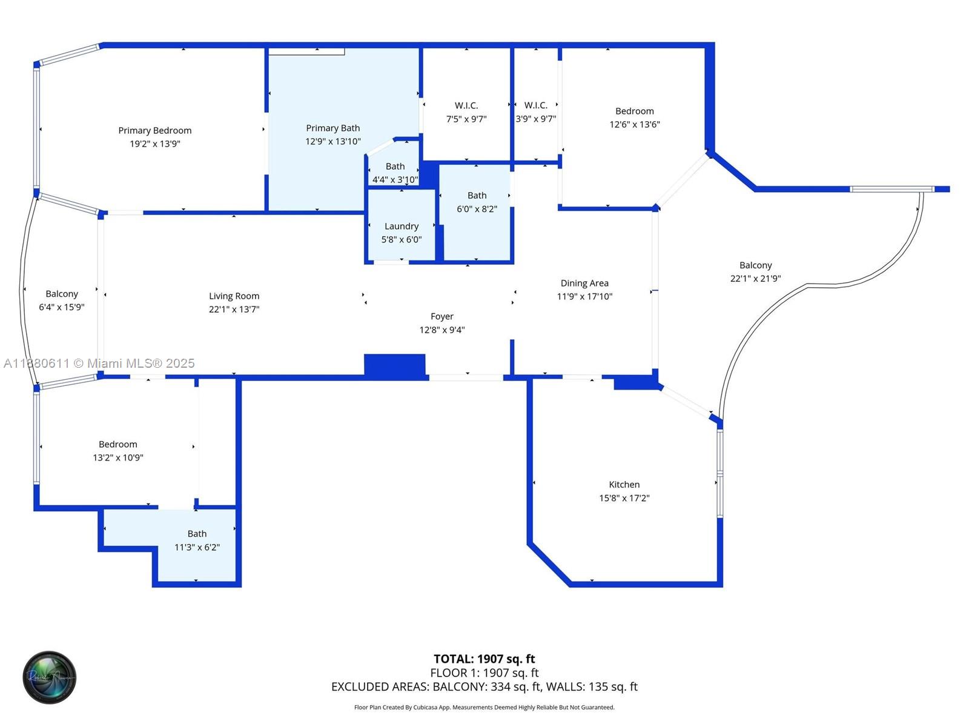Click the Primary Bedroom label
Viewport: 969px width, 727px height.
154,130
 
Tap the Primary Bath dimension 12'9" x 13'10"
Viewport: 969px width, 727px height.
332,142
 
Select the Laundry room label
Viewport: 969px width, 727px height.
401,226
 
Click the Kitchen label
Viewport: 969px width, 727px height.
624,485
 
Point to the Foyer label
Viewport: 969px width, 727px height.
442,316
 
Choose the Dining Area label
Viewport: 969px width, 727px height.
584,283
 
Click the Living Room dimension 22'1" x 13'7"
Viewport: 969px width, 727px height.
234,310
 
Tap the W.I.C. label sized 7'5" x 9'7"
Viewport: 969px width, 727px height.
466,105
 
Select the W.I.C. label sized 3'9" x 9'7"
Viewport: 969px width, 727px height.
535,105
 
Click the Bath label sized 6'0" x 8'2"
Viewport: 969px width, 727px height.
477,195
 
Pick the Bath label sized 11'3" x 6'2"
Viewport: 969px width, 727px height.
197,534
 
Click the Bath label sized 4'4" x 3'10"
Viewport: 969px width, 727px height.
395,167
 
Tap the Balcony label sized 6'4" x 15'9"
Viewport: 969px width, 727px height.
62,294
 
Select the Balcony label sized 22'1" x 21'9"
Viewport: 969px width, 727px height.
755,265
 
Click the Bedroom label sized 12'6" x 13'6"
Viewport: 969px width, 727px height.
634,111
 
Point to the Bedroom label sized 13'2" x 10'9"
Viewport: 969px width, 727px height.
117,444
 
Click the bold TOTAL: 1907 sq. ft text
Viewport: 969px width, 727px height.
484,659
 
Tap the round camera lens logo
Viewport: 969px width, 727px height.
50,677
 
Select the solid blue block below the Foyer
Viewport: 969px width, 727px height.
394,367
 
